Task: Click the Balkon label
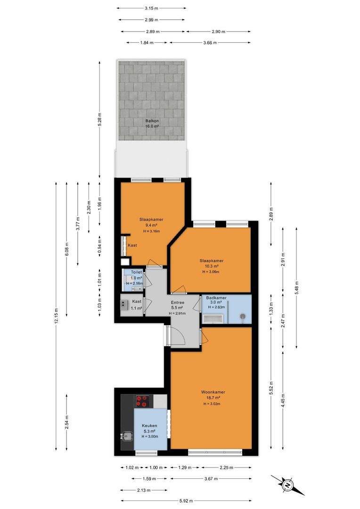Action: click(x=152, y=121)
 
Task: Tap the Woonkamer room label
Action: click(x=213, y=392)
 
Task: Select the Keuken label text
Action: click(x=149, y=426)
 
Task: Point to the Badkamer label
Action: click(x=216, y=298)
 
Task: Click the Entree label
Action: click(x=178, y=303)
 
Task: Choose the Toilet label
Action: click(x=136, y=272)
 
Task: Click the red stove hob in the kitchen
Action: click(x=142, y=401)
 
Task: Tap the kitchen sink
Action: click(x=127, y=436)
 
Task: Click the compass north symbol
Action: click(x=287, y=485)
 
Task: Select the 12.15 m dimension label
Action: click(x=56, y=316)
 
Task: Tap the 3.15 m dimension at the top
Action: click(x=151, y=8)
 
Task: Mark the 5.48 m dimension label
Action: click(x=296, y=287)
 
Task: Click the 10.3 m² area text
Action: click(x=211, y=266)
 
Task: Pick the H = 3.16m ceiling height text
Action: click(x=152, y=231)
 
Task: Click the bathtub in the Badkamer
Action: click(x=213, y=318)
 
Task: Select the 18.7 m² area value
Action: click(x=213, y=398)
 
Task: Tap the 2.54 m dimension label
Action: click(x=66, y=422)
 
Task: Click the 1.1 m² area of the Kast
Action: click(x=137, y=308)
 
